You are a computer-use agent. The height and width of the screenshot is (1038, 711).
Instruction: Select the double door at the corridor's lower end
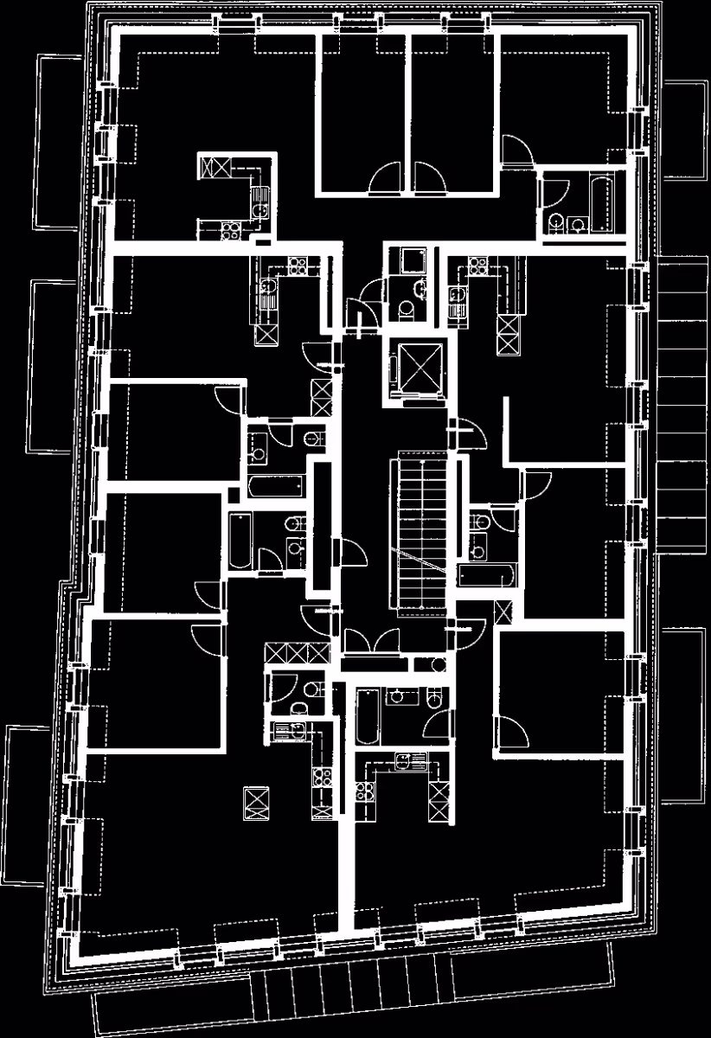(373, 641)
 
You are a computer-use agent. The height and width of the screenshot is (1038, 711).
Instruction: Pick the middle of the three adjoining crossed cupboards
(298, 652)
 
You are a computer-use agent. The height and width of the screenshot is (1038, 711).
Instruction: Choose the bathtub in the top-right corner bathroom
(599, 201)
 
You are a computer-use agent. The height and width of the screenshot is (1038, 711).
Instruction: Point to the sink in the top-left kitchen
(259, 208)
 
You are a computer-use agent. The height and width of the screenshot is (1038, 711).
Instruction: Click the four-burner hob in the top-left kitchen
(231, 230)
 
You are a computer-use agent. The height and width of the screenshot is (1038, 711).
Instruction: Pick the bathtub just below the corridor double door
(368, 716)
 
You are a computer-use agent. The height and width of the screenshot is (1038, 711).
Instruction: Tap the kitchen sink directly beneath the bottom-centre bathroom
(404, 761)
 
